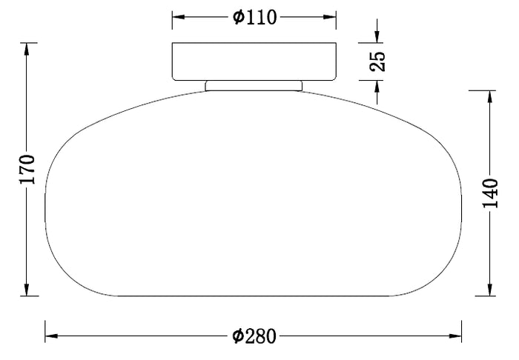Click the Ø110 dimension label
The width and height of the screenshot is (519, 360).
tap(254, 16)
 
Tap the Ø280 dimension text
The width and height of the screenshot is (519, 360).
tap(254, 336)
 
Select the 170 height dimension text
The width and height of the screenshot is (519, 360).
tap(27, 170)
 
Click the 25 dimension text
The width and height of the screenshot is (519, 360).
tap(377, 61)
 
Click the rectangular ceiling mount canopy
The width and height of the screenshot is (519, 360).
tap(254, 61)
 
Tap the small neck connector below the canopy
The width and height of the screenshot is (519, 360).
tap(254, 85)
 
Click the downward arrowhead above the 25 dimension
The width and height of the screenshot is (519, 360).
tap(377, 34)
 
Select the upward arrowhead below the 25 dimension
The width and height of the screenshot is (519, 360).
tap(377, 90)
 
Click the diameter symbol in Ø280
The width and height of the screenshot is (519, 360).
tap(238, 336)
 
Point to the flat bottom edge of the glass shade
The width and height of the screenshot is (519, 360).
tap(254, 295)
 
